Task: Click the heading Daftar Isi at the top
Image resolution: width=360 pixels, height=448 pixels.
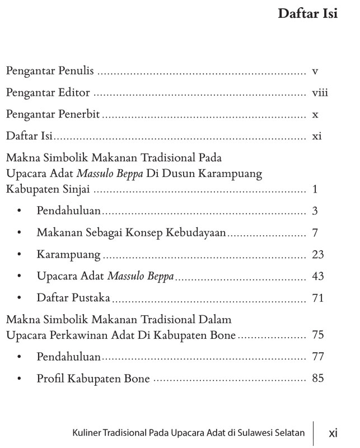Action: [307, 13]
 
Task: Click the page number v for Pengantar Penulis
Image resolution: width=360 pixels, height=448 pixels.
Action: [315, 72]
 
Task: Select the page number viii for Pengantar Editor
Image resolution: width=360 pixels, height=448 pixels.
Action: [320, 93]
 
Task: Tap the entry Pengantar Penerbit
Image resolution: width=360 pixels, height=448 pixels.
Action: [53, 114]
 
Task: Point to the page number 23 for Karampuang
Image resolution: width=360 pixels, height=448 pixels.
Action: [318, 255]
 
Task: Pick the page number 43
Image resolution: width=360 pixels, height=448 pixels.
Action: [318, 276]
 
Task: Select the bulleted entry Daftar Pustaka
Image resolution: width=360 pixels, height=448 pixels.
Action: [73, 298]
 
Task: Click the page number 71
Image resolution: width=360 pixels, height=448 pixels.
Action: [318, 298]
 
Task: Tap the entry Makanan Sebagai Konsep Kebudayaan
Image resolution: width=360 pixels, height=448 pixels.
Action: [131, 233]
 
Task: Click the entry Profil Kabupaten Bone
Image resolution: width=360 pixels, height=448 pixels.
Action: [93, 379]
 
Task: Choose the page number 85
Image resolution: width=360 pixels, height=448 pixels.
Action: [318, 379]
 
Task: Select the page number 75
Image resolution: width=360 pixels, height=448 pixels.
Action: [318, 335]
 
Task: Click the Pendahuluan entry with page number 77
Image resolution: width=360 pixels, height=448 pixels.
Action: [68, 357]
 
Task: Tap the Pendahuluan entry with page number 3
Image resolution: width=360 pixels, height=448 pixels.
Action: [68, 211]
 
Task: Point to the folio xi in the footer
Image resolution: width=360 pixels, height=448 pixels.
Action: [333, 432]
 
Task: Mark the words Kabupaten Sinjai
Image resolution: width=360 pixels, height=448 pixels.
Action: [49, 189]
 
